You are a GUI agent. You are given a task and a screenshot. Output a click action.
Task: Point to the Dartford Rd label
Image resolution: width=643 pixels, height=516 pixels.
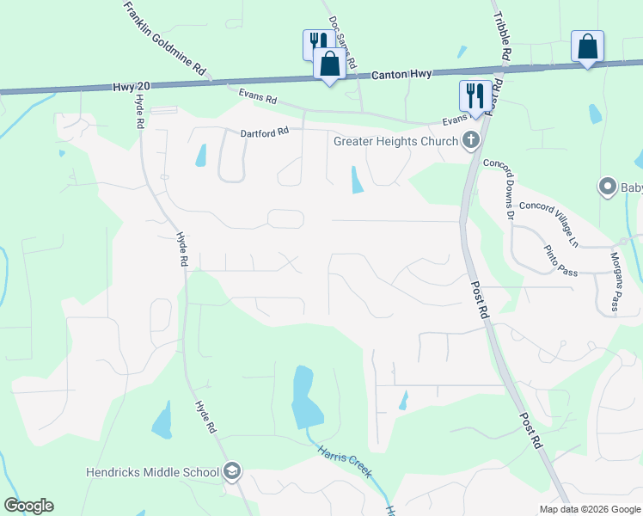tap(261, 132)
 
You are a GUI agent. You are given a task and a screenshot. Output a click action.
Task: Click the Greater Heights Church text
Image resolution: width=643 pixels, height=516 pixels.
tap(395, 140)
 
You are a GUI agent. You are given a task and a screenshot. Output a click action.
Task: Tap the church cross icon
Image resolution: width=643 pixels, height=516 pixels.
tap(470, 140)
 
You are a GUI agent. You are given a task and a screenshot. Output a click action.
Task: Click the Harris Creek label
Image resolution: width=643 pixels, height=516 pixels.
tap(343, 462)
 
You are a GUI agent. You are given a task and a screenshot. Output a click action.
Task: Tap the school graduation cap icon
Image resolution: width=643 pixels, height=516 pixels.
tap(231, 471)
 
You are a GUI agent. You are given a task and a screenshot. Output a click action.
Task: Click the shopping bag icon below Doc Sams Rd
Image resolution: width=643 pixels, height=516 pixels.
tap(329, 62)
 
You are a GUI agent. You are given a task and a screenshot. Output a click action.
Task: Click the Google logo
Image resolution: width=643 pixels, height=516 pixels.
tap(28, 506)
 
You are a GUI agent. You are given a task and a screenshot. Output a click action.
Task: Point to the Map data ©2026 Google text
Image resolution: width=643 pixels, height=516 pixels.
tap(589, 507)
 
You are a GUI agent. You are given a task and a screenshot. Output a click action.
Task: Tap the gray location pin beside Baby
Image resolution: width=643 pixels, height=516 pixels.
tap(608, 187)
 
